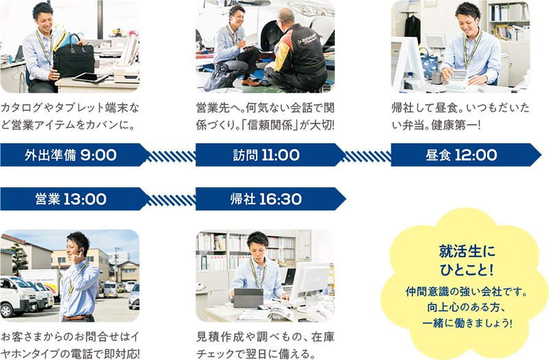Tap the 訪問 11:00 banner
[x=270, y=155]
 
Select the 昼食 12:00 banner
[x=466, y=155]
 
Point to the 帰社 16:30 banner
[x=270, y=199]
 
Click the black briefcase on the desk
[x=73, y=56]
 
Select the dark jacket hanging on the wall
[x=412, y=28]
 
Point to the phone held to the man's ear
[x=80, y=252]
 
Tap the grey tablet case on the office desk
[x=248, y=298]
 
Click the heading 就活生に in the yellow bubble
[x=467, y=251]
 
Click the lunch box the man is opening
[x=458, y=76]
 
